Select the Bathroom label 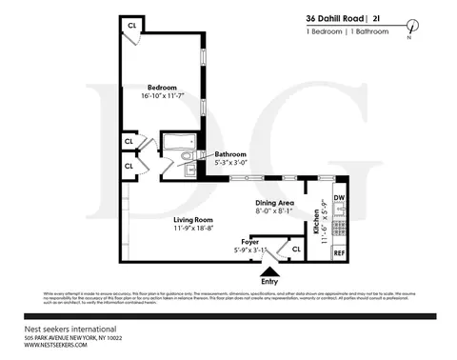[x=230, y=153]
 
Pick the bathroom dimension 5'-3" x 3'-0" [x=231, y=163]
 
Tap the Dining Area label [x=274, y=204]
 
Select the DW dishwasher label [x=339, y=197]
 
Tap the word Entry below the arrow [x=269, y=282]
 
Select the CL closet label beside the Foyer [x=296, y=250]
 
